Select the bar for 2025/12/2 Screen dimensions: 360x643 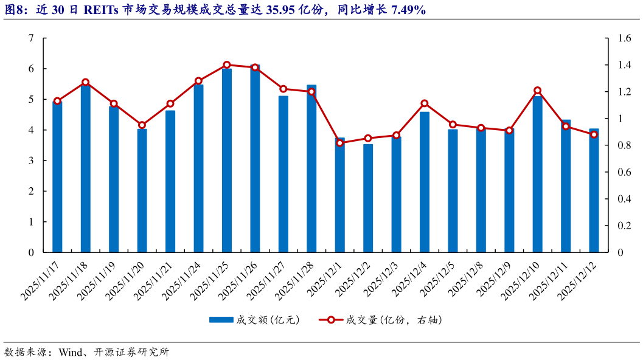(x=368, y=198)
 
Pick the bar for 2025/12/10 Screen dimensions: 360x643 (x=537, y=174)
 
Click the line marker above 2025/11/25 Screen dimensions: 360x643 (x=227, y=64)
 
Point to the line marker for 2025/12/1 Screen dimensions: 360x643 (x=340, y=143)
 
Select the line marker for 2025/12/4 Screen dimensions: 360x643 (x=425, y=103)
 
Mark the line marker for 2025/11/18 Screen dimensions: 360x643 (x=86, y=82)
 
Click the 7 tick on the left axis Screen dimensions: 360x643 (x=31, y=38)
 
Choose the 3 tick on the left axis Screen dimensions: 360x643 (x=31, y=161)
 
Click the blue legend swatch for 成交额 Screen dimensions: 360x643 (x=221, y=319)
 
